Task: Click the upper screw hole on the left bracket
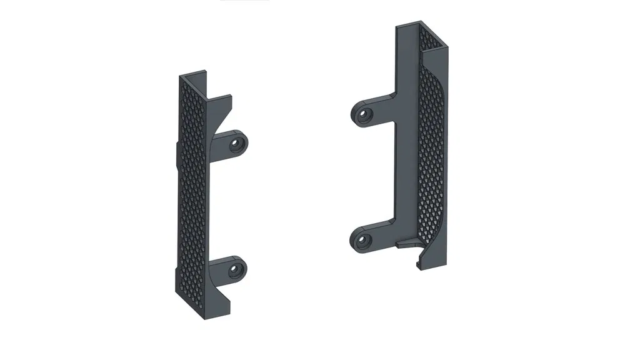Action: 236,145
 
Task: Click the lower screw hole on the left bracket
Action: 235,271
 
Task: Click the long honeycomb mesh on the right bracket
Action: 431,156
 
